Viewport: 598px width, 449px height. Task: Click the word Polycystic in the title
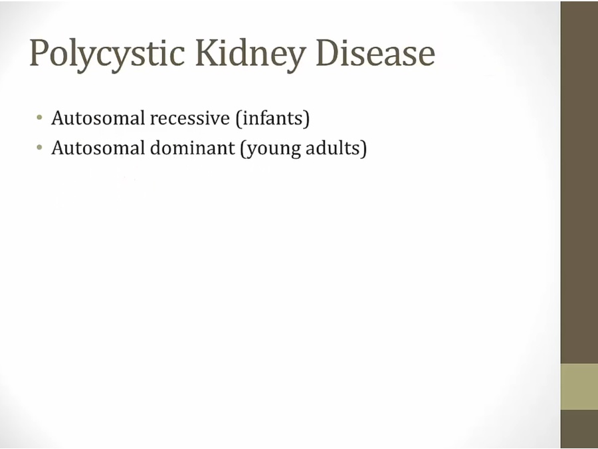pos(107,55)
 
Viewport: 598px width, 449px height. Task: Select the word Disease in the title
pos(375,53)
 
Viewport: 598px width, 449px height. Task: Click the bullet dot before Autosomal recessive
pos(39,118)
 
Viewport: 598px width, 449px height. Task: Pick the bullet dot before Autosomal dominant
pos(39,148)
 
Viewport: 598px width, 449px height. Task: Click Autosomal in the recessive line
pos(98,118)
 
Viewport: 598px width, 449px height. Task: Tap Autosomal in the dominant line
pos(98,148)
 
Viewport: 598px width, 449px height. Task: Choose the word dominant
pos(193,148)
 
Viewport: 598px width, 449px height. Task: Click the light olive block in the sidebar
pos(579,386)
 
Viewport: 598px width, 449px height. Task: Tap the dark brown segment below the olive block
pos(579,429)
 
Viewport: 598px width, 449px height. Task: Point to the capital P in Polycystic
pos(40,53)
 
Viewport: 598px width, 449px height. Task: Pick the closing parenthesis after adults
pos(364,148)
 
